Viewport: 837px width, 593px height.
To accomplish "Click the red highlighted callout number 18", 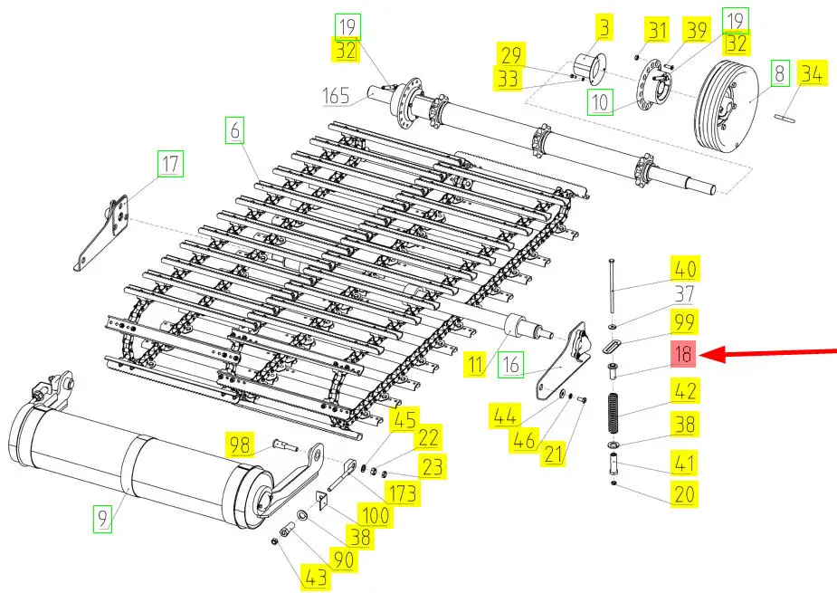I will point(683,355).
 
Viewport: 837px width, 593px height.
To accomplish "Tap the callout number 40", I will point(684,269).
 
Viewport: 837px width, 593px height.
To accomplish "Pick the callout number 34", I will point(812,75).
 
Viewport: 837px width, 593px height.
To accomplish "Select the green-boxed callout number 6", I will point(235,132).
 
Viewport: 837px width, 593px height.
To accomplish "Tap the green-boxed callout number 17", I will point(170,165).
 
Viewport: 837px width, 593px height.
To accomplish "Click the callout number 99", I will point(683,323).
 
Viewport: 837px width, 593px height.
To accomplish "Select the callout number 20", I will point(684,493).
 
